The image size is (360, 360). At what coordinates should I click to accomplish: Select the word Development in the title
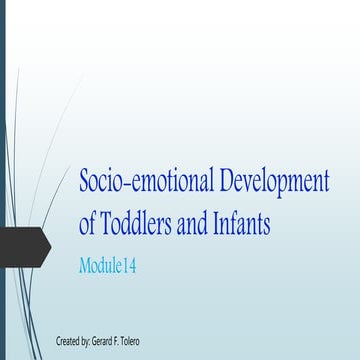coord(279,182)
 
